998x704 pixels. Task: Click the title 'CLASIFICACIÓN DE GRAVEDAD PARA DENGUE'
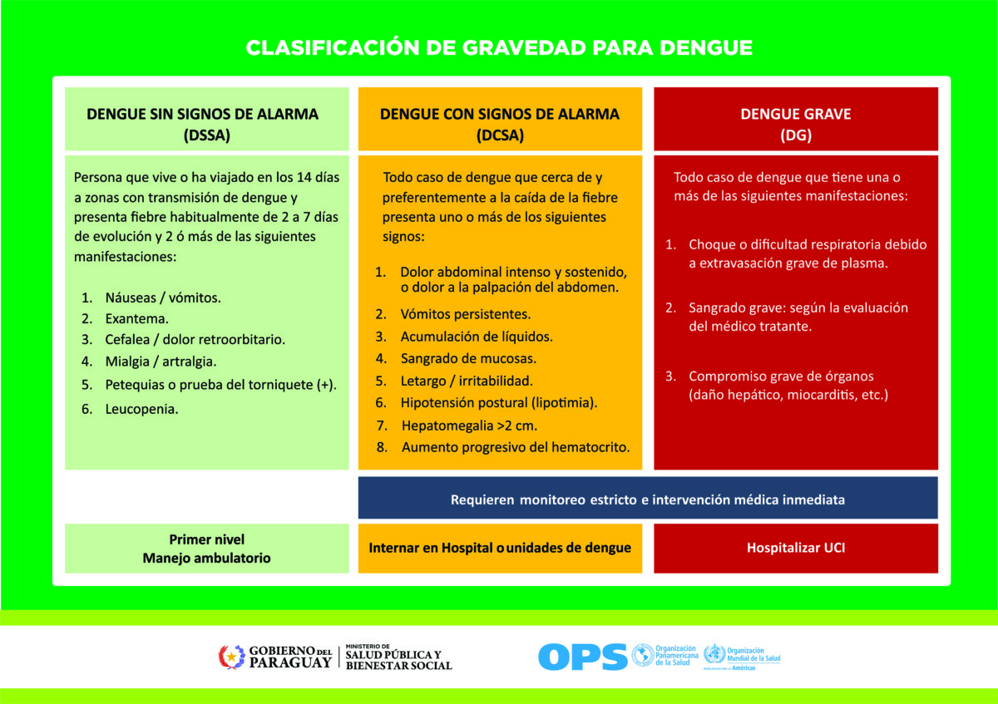click(x=499, y=47)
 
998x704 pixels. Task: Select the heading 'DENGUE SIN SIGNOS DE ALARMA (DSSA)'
click(x=203, y=124)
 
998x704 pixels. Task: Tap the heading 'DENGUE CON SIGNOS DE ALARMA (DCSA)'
click(x=500, y=124)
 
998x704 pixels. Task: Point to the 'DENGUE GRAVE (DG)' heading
click(x=796, y=124)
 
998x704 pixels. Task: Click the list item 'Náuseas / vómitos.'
click(x=163, y=298)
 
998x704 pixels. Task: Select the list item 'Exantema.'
click(x=136, y=319)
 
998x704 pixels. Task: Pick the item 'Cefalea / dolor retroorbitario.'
click(x=195, y=340)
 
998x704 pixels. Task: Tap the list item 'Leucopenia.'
click(x=141, y=409)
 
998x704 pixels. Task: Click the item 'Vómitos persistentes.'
click(x=466, y=314)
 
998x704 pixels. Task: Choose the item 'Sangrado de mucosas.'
click(x=468, y=358)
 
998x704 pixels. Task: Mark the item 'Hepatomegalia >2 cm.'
click(x=470, y=426)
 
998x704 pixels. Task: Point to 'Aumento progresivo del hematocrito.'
click(x=516, y=447)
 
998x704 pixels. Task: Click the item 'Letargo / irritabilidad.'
click(x=467, y=381)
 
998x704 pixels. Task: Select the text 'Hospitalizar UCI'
click(x=796, y=548)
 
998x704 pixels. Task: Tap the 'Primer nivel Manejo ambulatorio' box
click(x=207, y=548)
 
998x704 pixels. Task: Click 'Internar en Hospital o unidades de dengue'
click(x=500, y=548)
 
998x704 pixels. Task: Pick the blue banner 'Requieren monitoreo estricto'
click(x=648, y=498)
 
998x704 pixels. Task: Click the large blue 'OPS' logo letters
click(x=583, y=657)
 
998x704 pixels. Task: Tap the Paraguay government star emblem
click(x=231, y=657)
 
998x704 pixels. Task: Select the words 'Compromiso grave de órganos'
click(x=781, y=377)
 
